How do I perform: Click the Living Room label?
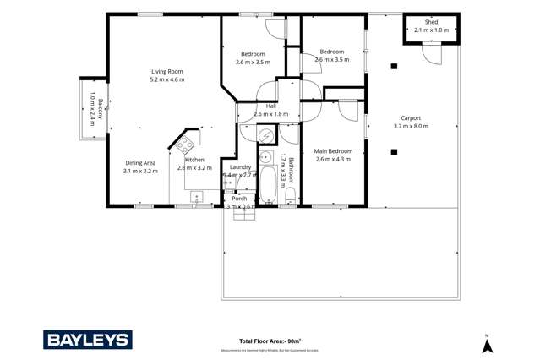point(166,72)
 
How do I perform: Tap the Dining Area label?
point(139,162)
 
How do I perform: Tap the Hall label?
point(270,106)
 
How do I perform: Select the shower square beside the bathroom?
point(266,135)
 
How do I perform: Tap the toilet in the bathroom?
point(290,195)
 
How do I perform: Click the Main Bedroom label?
point(333,151)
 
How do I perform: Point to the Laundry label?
point(239,167)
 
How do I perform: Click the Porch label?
point(239,199)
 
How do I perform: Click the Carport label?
point(411,118)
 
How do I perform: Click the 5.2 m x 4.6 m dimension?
point(166,79)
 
